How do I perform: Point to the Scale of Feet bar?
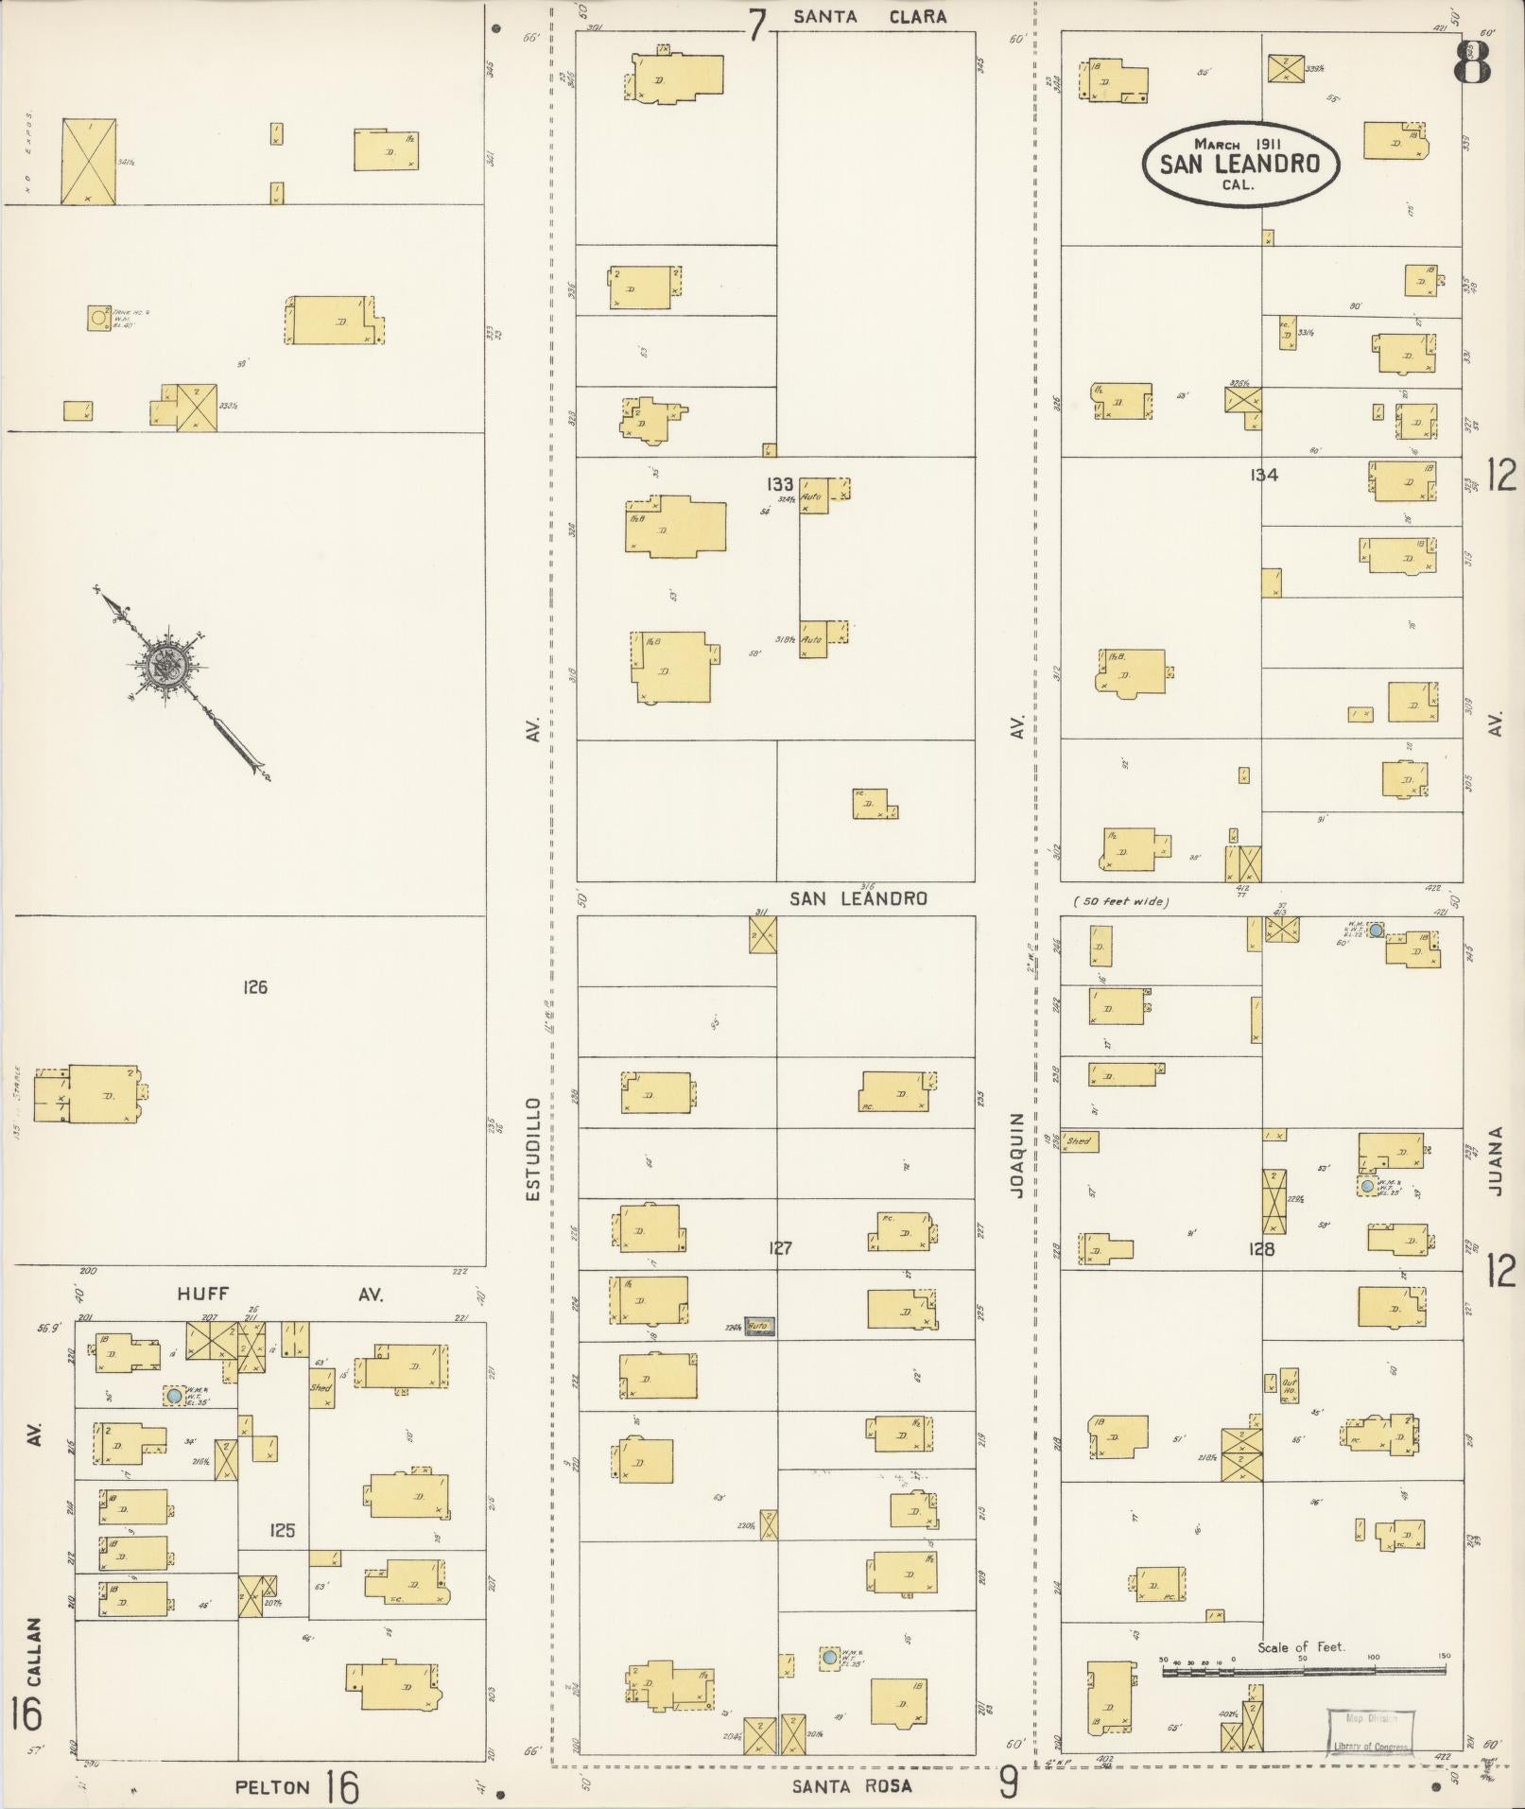point(1304,1671)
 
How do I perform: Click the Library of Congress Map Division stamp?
point(1370,1731)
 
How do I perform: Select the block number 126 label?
point(255,987)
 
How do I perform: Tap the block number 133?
point(780,484)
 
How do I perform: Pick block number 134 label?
point(1263,475)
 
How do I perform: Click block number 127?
point(780,1248)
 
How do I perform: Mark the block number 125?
point(282,1530)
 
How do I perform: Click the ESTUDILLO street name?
point(533,1149)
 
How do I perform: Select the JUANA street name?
point(1495,1160)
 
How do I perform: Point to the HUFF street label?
point(203,1295)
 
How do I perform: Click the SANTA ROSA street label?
point(853,1785)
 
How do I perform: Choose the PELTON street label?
point(272,1786)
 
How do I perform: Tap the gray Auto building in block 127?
point(760,1327)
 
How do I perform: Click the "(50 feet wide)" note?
point(1121,902)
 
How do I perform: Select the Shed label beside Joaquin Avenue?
point(1078,1141)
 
